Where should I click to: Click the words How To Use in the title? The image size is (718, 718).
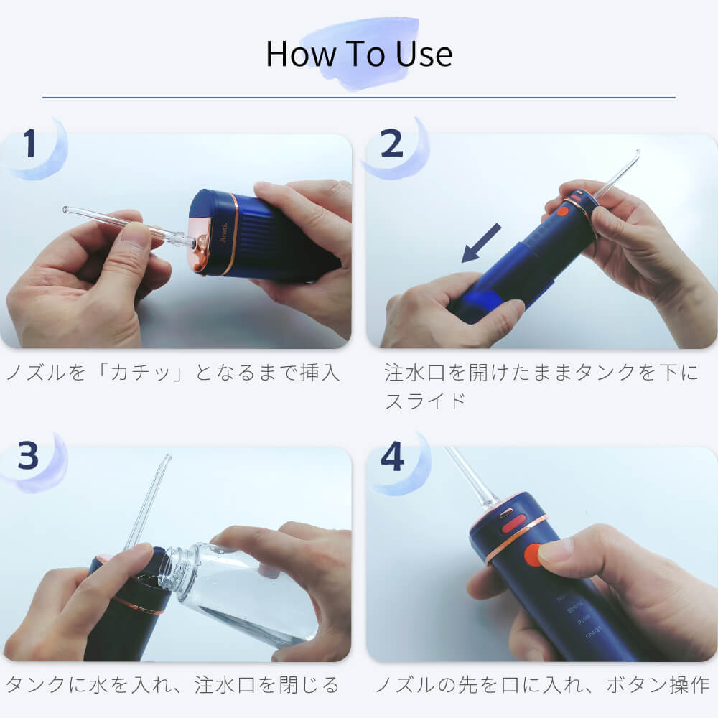pos(359,54)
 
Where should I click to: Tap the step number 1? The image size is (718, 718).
pos(29,144)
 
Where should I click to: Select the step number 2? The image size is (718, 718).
pos(391,144)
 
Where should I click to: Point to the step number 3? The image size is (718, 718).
pos(28,456)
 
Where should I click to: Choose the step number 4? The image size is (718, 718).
pos(393,456)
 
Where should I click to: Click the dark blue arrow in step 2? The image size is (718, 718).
pos(481,243)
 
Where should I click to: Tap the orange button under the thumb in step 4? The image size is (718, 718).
pos(533,555)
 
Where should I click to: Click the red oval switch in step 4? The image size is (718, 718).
pos(513,523)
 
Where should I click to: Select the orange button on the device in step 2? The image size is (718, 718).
pos(562,211)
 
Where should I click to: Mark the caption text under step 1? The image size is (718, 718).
pos(173,373)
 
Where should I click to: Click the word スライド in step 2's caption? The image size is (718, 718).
pos(425,401)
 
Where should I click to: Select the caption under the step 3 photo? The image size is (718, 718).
pos(172,685)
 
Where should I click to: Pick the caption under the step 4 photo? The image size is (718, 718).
pos(543,685)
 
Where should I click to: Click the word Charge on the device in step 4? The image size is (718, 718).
pos(594,632)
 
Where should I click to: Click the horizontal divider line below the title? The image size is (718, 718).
pos(359,97)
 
